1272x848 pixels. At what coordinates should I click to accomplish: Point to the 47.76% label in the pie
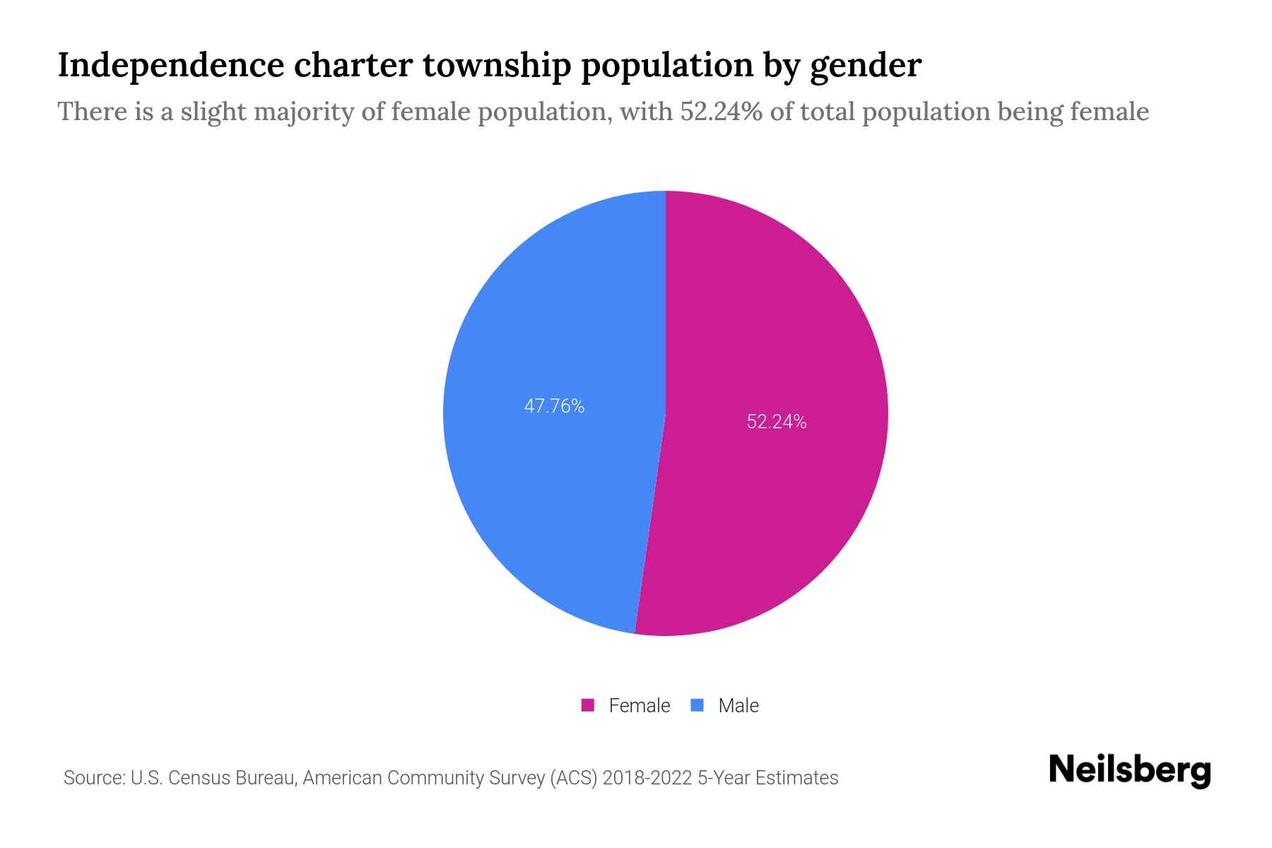point(554,406)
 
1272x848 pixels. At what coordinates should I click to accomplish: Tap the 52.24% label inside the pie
point(777,422)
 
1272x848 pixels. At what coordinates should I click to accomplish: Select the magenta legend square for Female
point(587,705)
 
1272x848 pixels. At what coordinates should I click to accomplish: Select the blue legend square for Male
point(697,705)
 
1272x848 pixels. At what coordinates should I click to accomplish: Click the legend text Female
point(640,706)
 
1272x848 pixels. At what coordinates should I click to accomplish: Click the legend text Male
point(738,706)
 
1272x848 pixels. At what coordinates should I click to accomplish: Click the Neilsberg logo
point(1130,770)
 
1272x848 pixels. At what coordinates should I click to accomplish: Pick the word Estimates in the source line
point(796,778)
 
